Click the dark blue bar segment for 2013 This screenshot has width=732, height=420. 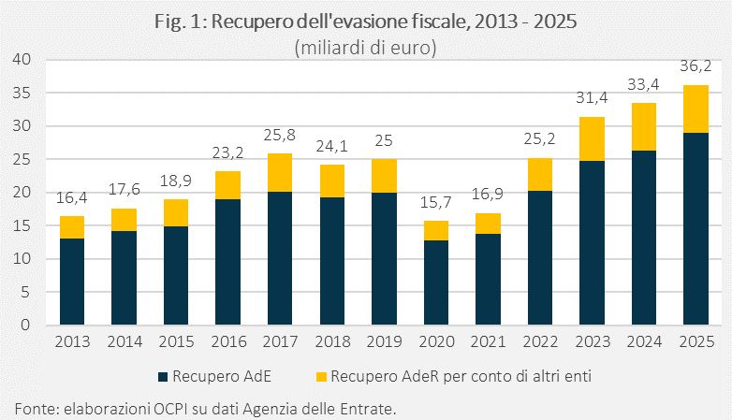tap(73, 282)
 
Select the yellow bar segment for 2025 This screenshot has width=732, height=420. tap(695, 109)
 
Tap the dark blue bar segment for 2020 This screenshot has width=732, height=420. tap(436, 282)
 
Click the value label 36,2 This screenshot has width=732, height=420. tap(695, 67)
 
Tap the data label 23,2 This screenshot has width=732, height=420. tap(228, 153)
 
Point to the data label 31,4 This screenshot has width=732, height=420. tap(591, 99)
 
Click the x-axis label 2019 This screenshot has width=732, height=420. tap(384, 341)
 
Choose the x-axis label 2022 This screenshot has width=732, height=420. tap(539, 341)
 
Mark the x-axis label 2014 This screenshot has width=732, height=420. tap(124, 341)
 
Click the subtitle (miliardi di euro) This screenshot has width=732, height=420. tap(366, 46)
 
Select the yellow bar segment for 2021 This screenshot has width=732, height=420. tap(488, 223)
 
